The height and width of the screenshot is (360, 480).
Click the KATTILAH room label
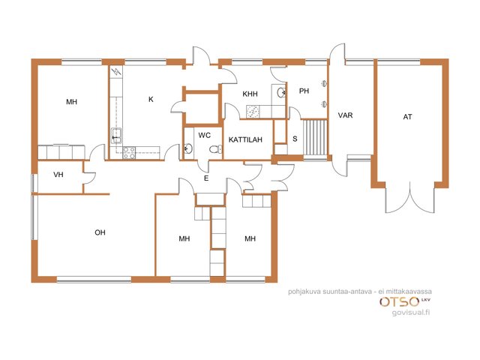click(x=245, y=139)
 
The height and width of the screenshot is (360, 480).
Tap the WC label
click(x=204, y=135)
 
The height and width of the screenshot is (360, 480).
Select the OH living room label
click(x=100, y=232)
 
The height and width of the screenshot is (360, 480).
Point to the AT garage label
click(x=407, y=117)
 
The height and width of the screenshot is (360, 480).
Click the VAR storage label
click(x=345, y=115)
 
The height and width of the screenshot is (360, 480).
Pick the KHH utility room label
click(x=250, y=94)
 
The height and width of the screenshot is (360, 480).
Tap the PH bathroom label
click(x=304, y=91)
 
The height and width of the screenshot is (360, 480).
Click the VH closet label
click(x=58, y=175)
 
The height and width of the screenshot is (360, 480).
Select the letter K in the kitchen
click(x=151, y=99)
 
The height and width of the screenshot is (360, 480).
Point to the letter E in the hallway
click(x=206, y=178)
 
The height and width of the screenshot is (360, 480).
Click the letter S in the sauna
click(x=295, y=139)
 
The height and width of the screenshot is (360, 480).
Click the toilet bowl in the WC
click(x=216, y=149)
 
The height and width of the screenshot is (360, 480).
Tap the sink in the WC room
click(x=188, y=148)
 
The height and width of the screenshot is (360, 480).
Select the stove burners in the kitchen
click(x=129, y=153)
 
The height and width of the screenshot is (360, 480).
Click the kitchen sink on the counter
click(x=116, y=136)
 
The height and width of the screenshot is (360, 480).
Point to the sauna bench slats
click(x=315, y=137)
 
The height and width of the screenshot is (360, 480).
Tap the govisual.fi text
click(x=411, y=313)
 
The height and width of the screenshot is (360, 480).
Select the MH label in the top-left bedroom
click(x=72, y=102)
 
